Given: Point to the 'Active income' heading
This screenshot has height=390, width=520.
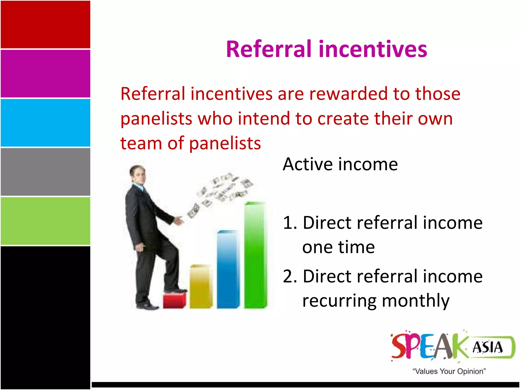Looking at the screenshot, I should (340, 164).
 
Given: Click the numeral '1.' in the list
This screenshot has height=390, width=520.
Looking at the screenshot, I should (289, 223).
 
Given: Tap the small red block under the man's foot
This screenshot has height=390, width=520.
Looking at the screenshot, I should (174, 301).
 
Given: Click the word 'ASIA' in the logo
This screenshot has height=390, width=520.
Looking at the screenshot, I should (487, 347).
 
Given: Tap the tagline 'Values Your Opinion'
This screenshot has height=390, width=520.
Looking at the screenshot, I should (449, 371).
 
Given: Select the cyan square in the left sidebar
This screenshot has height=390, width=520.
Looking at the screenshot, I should (45, 123).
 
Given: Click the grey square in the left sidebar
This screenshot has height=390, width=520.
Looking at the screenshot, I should (45, 172).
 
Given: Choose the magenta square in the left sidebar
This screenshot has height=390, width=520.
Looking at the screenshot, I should (45, 74).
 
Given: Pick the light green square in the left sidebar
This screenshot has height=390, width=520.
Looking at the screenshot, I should (45, 221).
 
